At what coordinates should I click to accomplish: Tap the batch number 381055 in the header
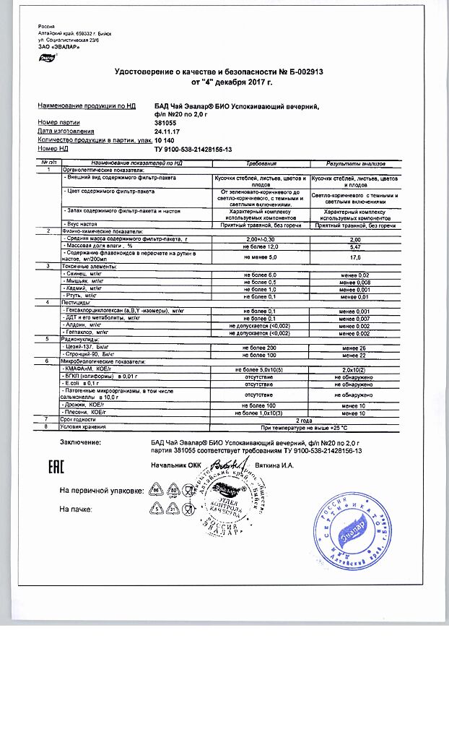(167, 122)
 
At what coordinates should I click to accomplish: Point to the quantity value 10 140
(165, 139)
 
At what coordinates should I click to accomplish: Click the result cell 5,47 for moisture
(354, 246)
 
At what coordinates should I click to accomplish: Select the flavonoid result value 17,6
(354, 257)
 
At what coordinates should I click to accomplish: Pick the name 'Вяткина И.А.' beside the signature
(275, 465)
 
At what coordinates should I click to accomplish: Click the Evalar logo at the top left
(45, 57)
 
